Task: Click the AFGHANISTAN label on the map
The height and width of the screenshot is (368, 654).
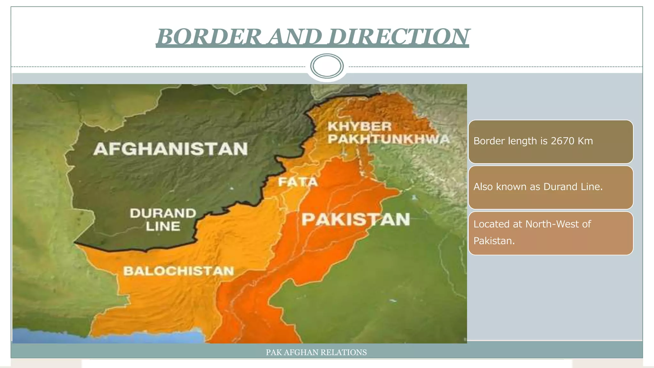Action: (x=171, y=149)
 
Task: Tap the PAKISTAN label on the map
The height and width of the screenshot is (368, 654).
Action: (x=356, y=219)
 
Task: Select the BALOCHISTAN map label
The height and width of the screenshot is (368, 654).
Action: (x=179, y=271)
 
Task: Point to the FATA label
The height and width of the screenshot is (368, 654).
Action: (x=298, y=182)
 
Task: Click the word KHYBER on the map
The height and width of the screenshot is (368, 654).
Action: (x=360, y=126)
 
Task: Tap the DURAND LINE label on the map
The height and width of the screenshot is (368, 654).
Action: (x=163, y=220)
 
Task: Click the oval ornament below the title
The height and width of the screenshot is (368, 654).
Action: (x=327, y=66)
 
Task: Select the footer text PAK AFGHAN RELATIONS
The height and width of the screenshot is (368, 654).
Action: (x=316, y=352)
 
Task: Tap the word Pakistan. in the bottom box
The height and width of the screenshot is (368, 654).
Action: (x=494, y=241)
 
